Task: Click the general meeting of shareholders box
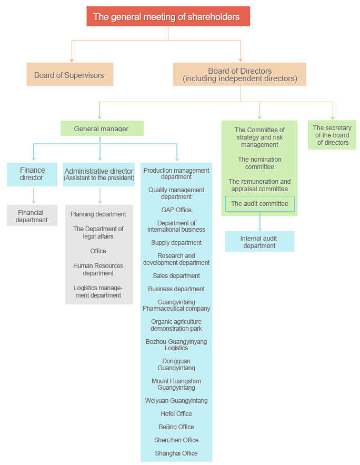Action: (x=168, y=16)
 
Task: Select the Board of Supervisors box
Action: (x=69, y=75)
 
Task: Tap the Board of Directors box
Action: (x=239, y=75)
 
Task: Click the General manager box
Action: (x=102, y=128)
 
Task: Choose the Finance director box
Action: (x=32, y=174)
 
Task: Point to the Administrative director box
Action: (x=99, y=174)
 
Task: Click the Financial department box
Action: (x=32, y=216)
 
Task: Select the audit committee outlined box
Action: (x=259, y=204)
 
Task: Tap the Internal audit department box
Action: (x=259, y=242)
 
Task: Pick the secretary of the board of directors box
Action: (x=332, y=135)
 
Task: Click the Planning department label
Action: (x=98, y=214)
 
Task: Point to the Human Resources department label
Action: (x=98, y=270)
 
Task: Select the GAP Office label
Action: (x=176, y=210)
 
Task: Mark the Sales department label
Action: (x=176, y=276)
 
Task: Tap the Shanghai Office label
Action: (x=176, y=453)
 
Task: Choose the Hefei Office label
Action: (x=176, y=414)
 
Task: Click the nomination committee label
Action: (x=259, y=163)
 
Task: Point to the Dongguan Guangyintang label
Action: (x=176, y=365)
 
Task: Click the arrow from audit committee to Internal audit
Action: (x=259, y=222)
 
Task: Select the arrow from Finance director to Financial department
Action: (x=34, y=195)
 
